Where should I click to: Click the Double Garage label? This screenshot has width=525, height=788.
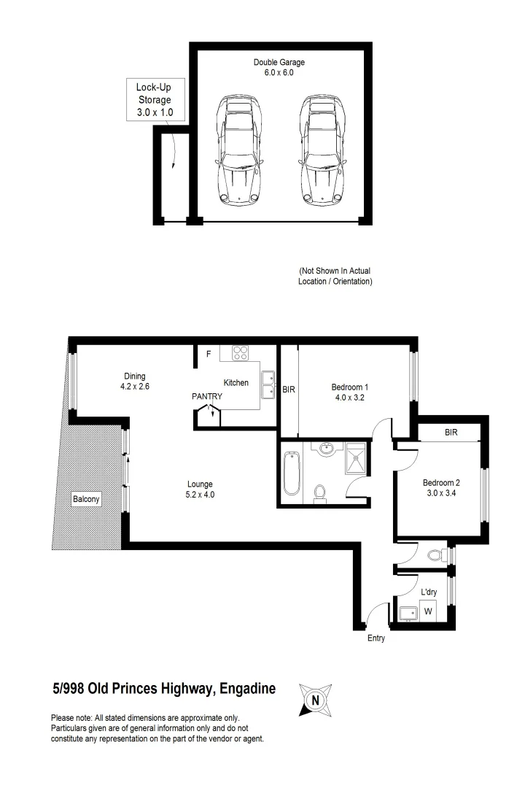[x=279, y=67]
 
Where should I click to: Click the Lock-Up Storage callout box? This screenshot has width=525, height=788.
[x=154, y=100]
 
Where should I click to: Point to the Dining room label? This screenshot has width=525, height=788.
[x=134, y=382]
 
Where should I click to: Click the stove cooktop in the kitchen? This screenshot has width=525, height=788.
[x=241, y=352]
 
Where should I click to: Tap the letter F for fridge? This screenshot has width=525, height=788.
[x=209, y=355]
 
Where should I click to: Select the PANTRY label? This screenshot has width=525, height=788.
[x=207, y=396]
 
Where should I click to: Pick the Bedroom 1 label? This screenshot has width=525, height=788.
[x=350, y=392]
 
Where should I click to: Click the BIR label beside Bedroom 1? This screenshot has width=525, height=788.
[x=289, y=390]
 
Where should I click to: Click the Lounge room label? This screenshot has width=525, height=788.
[x=200, y=489]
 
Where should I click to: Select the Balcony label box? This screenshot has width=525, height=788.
[x=86, y=500]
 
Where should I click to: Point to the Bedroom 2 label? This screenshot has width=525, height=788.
[x=441, y=487]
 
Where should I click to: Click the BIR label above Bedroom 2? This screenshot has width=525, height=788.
[x=451, y=433]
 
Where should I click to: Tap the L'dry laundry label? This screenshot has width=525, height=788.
[x=429, y=593]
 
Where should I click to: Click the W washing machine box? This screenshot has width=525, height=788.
[x=428, y=611]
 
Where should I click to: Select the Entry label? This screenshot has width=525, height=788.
[x=376, y=639]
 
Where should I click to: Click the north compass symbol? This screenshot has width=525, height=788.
[x=316, y=700]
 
